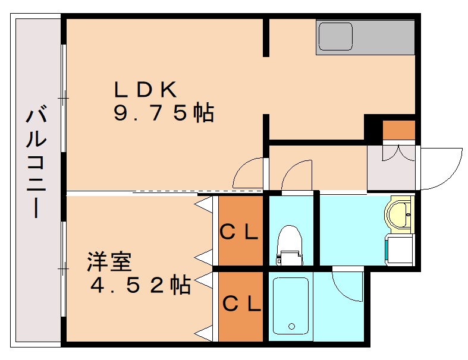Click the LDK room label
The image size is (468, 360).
(146, 90)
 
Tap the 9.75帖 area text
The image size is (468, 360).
(164, 113)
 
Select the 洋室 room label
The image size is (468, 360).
(109, 261)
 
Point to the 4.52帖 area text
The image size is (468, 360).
(140, 286)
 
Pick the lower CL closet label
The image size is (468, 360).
(241, 305)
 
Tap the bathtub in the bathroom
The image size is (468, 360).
(291, 307)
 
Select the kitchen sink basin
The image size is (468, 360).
(336, 36)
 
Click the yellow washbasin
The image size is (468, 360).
(398, 214)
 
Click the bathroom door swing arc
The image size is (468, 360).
(348, 285)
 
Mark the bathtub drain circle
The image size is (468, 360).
(291, 326)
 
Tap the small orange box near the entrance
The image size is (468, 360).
(398, 130)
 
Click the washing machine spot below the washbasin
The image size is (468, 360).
(399, 249)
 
